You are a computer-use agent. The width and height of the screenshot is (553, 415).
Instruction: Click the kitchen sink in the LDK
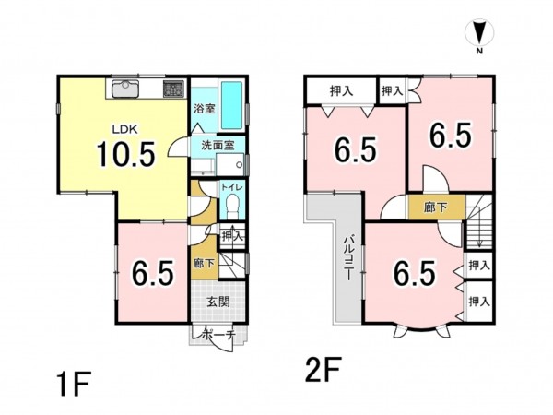[125, 89]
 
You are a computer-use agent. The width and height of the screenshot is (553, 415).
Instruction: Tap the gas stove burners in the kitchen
[173, 89]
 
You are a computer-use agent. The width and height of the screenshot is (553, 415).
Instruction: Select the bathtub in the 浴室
[232, 105]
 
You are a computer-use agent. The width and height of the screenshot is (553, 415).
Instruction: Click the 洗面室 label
[218, 146]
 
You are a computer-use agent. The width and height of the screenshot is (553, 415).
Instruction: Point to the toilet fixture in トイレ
[232, 207]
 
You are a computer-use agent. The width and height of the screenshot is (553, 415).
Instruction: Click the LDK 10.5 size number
[126, 154]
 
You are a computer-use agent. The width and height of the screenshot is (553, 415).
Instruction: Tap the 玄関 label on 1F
[218, 302]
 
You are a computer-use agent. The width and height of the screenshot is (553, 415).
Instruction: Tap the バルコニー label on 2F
[348, 258]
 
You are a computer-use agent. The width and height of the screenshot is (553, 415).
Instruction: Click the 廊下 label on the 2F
[436, 207]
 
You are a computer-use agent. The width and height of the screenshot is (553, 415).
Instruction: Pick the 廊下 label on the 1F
[205, 263]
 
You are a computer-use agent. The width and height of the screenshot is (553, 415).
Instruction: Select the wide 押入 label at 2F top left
[341, 90]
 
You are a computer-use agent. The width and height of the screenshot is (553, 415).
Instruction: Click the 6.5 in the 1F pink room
[153, 273]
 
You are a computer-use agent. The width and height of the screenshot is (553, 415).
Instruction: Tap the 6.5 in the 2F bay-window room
[414, 273]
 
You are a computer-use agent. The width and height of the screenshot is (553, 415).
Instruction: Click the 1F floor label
[74, 384]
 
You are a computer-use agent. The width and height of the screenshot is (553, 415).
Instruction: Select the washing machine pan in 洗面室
[229, 164]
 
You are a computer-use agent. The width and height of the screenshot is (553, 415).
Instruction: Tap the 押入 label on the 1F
[232, 236]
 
